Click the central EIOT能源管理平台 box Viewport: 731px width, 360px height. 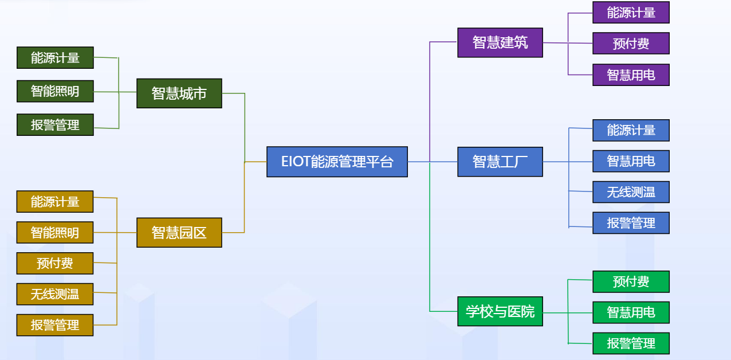tap(337, 162)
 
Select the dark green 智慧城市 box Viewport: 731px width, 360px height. tap(179, 93)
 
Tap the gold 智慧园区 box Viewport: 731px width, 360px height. tap(179, 232)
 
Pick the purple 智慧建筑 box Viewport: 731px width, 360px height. tap(500, 42)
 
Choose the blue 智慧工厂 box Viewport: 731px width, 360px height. tap(500, 162)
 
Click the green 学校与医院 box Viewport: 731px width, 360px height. tap(500, 311)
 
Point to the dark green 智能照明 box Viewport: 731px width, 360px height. tap(55, 91)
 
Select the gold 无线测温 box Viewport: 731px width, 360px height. tap(55, 294)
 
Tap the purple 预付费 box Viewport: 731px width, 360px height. tap(631, 44)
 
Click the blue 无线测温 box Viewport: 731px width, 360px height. tap(631, 192)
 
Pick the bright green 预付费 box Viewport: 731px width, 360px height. tap(631, 281)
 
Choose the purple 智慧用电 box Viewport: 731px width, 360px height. tap(631, 75)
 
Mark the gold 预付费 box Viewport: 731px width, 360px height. tap(55, 263)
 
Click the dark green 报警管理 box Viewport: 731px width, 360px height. tap(55, 124)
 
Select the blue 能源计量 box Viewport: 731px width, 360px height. tap(631, 130)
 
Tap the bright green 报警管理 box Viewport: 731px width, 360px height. tap(631, 343)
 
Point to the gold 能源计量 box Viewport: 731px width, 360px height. tap(55, 202)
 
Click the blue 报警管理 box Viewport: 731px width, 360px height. tap(631, 223)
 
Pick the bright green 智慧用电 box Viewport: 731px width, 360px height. tap(631, 312)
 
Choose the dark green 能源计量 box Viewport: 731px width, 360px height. tap(55, 58)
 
